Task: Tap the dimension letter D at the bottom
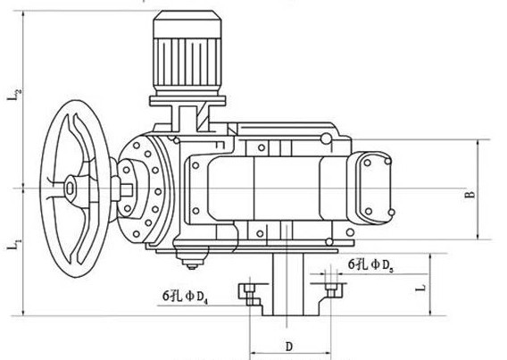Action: [x=289, y=347]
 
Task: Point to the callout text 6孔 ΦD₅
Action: [x=370, y=265]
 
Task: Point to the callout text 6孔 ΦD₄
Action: [x=185, y=297]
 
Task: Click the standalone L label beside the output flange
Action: [x=421, y=288]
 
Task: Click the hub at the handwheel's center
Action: [x=70, y=188]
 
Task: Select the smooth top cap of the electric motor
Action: [x=187, y=24]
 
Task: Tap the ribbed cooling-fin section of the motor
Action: [x=187, y=62]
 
